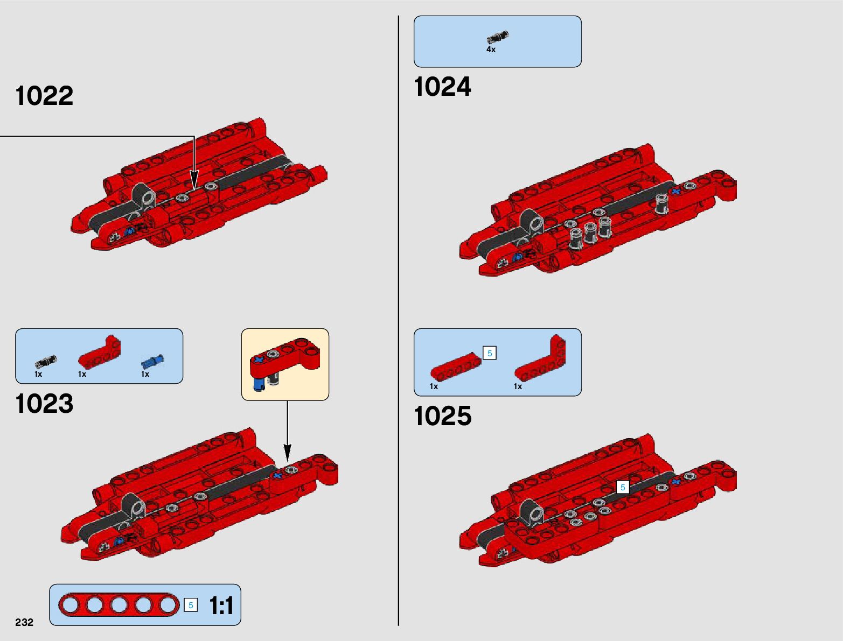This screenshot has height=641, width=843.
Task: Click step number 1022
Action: [44, 96]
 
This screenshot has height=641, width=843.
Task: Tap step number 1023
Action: [44, 404]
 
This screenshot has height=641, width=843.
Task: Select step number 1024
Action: [442, 87]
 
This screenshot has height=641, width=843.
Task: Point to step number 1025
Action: [442, 417]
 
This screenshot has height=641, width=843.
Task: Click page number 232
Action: [24, 622]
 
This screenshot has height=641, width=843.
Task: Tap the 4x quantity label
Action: [491, 50]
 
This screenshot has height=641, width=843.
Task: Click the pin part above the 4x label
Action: [497, 37]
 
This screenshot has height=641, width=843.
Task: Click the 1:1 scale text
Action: [221, 605]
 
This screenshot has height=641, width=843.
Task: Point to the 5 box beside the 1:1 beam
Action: [190, 605]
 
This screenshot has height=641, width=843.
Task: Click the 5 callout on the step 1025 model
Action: [623, 487]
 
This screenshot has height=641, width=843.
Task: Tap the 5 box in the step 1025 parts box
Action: [490, 353]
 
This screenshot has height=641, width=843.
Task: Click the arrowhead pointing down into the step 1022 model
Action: [194, 180]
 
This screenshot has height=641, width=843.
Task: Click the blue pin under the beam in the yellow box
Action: [260, 384]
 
